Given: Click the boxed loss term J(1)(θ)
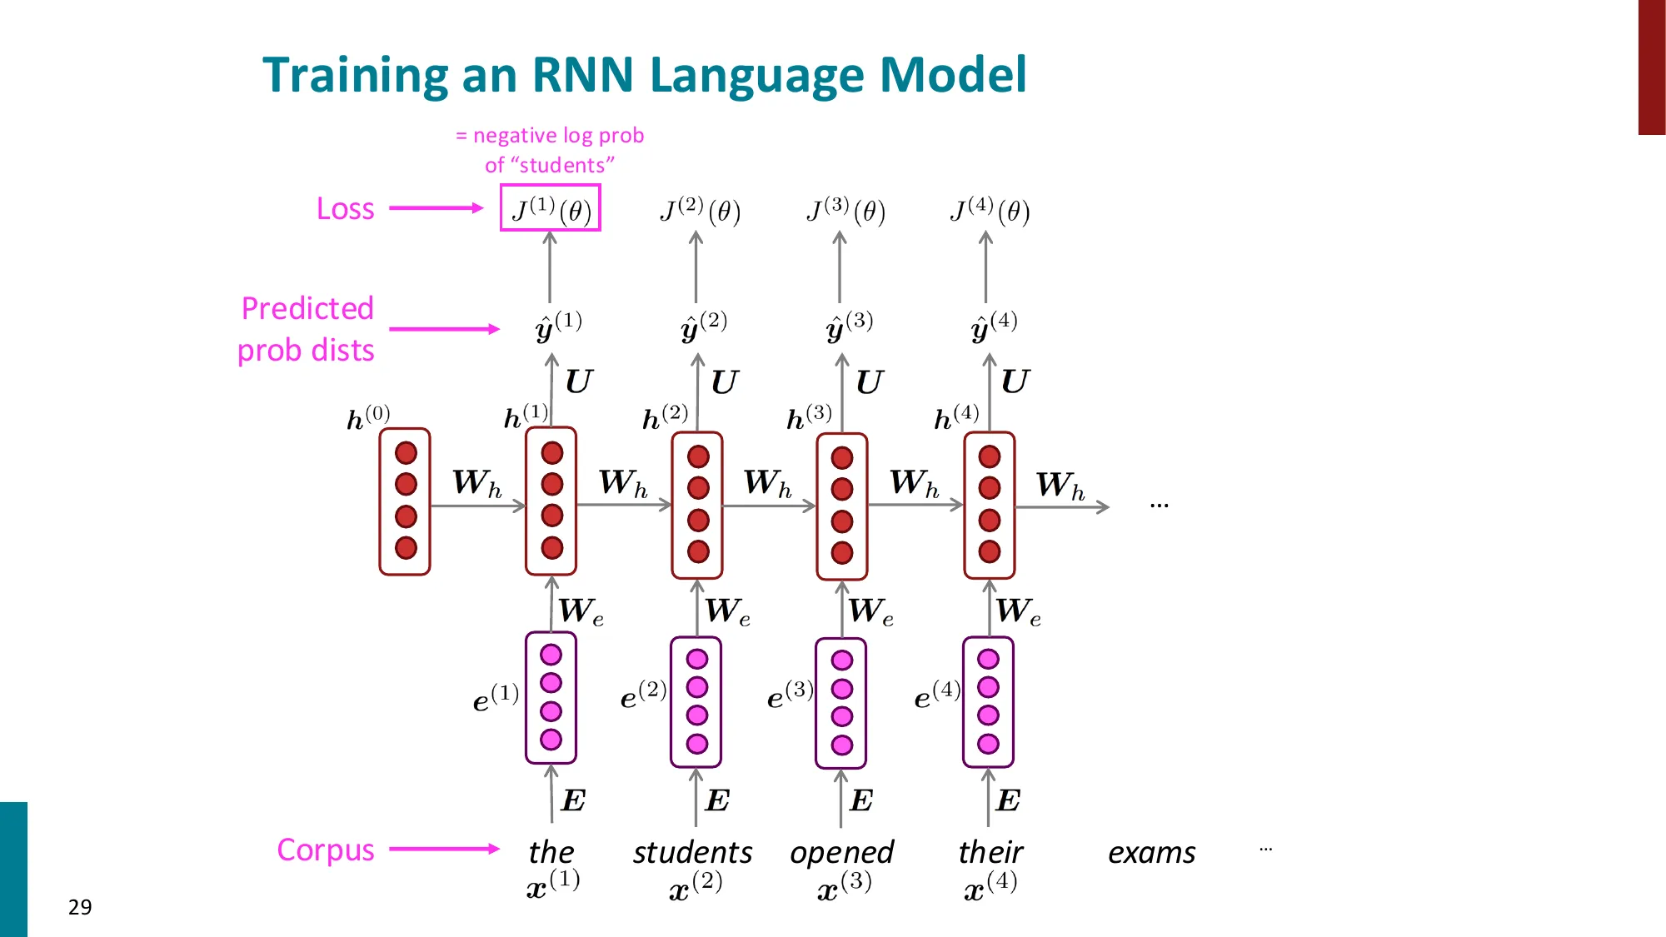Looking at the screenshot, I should [x=550, y=208].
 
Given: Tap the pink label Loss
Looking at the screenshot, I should [x=345, y=208].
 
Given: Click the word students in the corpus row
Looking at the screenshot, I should [x=692, y=852].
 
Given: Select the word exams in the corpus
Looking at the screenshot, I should [x=1151, y=852].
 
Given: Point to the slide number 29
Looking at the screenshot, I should [x=80, y=906].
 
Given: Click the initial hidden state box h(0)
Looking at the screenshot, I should [x=405, y=501].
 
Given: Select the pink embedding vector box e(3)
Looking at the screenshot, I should [x=841, y=702].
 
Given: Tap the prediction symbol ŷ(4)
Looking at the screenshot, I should [x=993, y=326].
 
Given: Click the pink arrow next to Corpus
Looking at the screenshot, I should [x=444, y=849].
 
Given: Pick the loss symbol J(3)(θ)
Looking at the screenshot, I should [x=845, y=210].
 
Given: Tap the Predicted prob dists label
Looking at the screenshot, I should [x=307, y=329].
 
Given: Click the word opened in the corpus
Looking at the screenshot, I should [x=841, y=852].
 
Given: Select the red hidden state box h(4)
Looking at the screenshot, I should [x=989, y=504].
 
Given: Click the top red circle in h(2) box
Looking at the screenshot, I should [x=698, y=456].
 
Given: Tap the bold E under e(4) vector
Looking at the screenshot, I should [x=1008, y=800].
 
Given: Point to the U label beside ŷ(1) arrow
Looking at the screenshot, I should [x=579, y=381].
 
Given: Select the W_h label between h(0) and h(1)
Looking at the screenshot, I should [x=477, y=482].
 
